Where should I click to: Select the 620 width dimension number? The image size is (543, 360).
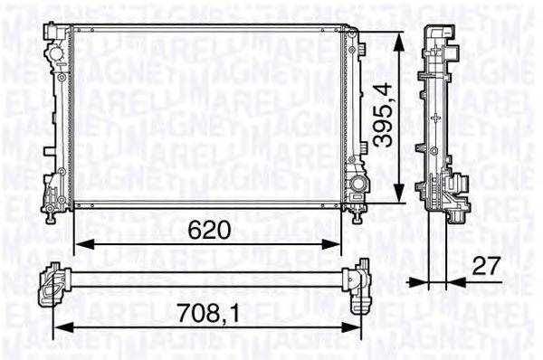(x=208, y=230)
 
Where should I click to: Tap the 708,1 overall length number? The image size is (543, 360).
(x=204, y=317)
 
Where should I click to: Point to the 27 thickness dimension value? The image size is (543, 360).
(x=487, y=265)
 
